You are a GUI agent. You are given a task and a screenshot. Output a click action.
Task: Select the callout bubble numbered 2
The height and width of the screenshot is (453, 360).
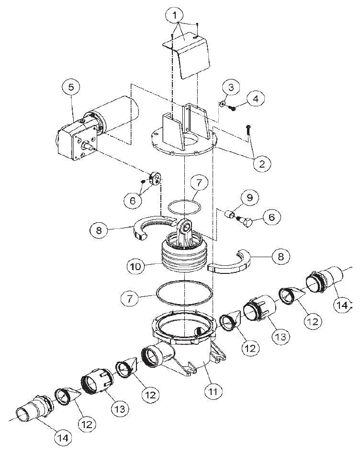click(261, 164)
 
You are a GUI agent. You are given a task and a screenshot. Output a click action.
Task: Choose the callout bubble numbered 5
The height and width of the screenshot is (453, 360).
click(71, 87)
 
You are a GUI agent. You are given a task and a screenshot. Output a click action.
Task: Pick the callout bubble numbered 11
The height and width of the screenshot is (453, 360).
click(213, 392)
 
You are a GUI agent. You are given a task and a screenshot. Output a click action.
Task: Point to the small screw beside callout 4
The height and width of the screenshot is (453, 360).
click(234, 108)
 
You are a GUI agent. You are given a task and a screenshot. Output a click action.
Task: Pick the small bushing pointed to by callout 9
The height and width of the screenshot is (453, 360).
click(231, 215)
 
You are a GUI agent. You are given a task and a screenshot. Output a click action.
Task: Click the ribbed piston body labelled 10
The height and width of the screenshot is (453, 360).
click(184, 259)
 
